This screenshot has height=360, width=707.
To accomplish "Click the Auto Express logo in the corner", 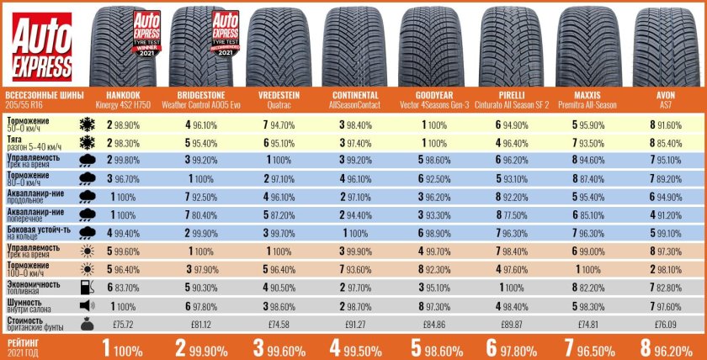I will [x=41, y=46].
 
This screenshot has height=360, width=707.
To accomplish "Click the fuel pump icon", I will [x=86, y=286].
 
